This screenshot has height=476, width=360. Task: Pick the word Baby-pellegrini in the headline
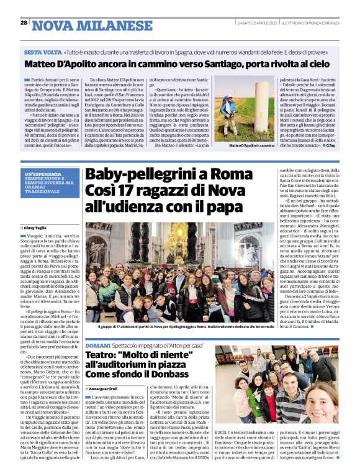coord(137,175)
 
